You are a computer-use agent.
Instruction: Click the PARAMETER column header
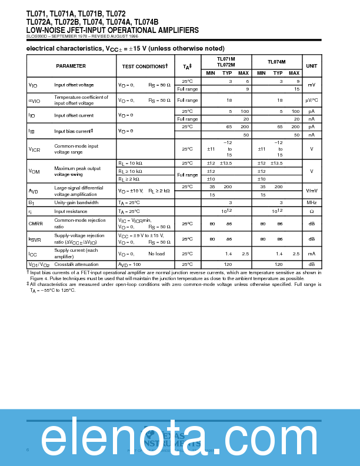coord(71,66)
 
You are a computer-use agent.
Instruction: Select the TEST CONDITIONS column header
coord(145,66)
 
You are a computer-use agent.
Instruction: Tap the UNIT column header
coord(312,66)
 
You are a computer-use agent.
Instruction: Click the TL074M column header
coord(276,61)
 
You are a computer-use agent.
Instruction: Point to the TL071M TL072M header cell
coord(226,62)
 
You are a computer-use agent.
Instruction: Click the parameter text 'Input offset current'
coord(74,115)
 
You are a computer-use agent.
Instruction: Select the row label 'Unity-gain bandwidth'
coord(76,202)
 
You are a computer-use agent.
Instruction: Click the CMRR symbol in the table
coord(35,224)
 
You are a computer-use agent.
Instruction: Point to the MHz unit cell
coord(312,202)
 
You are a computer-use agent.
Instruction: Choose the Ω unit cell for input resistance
coord(312,211)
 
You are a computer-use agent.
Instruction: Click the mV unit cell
coord(312,85)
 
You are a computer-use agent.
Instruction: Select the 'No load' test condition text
coord(156,254)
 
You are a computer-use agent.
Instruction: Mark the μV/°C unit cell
coord(312,101)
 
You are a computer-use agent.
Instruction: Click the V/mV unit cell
coord(312,191)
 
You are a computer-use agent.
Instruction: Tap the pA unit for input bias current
coord(312,127)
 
